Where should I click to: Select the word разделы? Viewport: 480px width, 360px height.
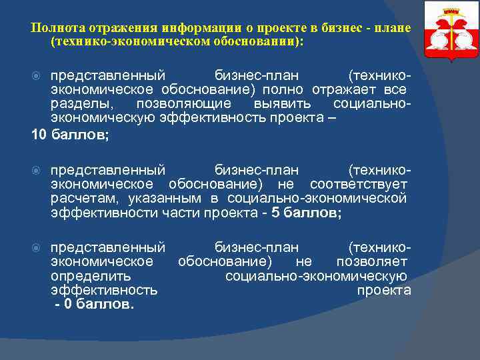click(82, 104)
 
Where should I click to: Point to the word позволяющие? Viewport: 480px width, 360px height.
click(183, 104)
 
